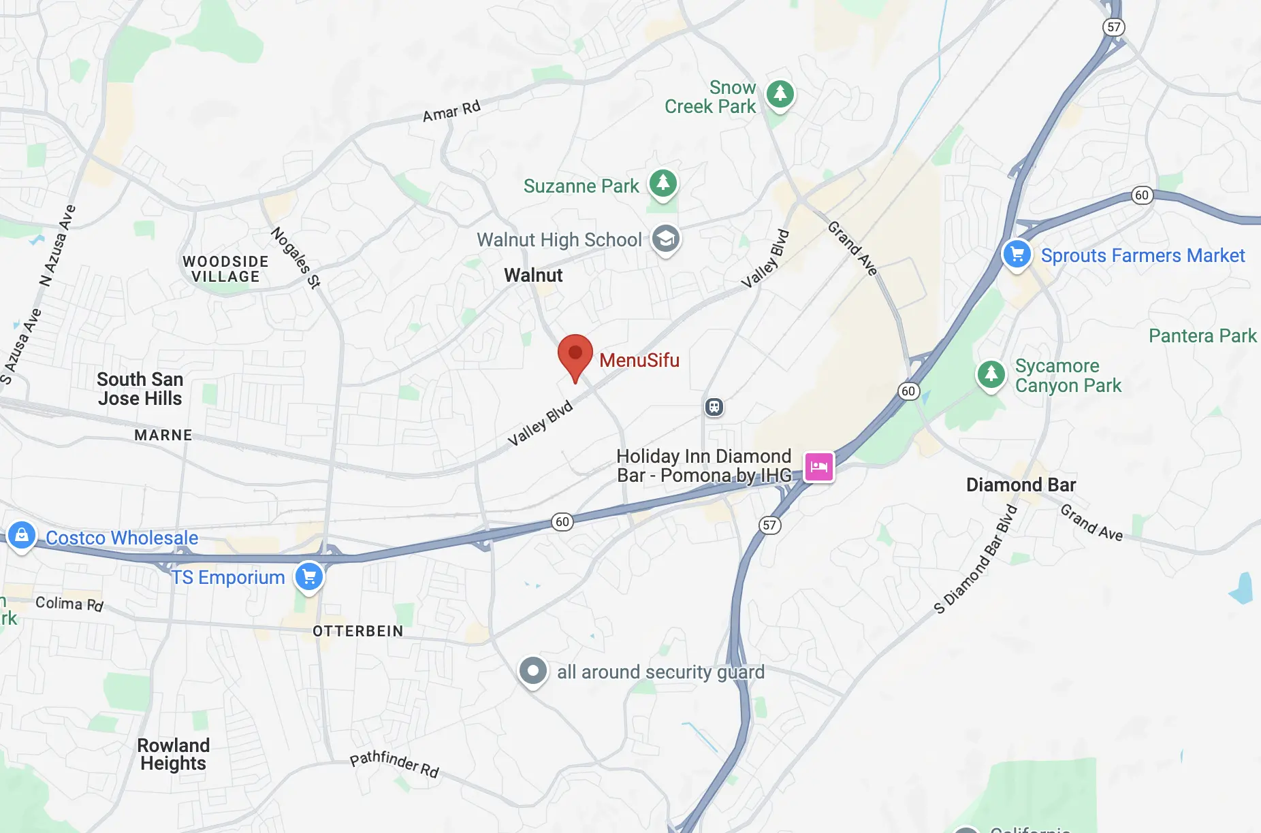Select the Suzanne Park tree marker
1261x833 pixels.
tap(663, 183)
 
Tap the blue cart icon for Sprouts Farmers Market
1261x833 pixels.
tap(1017, 255)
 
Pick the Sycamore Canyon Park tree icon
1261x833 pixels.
tap(991, 374)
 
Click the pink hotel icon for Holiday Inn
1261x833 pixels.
tap(819, 467)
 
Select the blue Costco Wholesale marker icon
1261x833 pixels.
tap(22, 536)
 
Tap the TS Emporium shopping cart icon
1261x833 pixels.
tap(309, 577)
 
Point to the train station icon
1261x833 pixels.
tap(714, 407)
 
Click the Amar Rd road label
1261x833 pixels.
tap(451, 111)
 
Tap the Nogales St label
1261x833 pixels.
tap(296, 257)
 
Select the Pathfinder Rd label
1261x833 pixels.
tap(394, 764)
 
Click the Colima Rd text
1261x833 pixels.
tap(69, 604)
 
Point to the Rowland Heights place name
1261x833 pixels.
tap(173, 754)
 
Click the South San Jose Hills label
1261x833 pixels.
tap(140, 389)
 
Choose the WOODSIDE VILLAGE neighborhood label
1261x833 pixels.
tap(225, 269)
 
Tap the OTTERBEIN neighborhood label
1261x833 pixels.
tap(358, 631)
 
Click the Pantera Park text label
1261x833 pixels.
tap(1202, 336)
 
